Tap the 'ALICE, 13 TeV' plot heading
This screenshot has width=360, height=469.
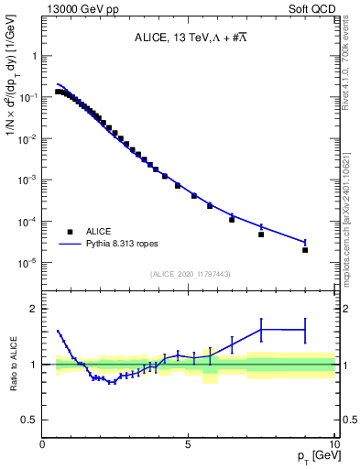[x=187, y=38]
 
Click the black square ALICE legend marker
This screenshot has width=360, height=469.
[x=69, y=232]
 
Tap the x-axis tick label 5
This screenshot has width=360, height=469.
[x=188, y=443]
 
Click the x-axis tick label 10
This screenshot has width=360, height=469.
[x=332, y=443]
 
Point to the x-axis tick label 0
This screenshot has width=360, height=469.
[x=43, y=443]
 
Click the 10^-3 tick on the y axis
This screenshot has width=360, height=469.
[x=27, y=180]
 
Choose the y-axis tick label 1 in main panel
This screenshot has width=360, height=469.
[x=34, y=56]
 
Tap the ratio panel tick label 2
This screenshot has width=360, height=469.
[x=34, y=309]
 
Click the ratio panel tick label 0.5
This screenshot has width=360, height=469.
[x=30, y=420]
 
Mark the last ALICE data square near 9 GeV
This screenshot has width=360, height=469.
[x=305, y=249]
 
